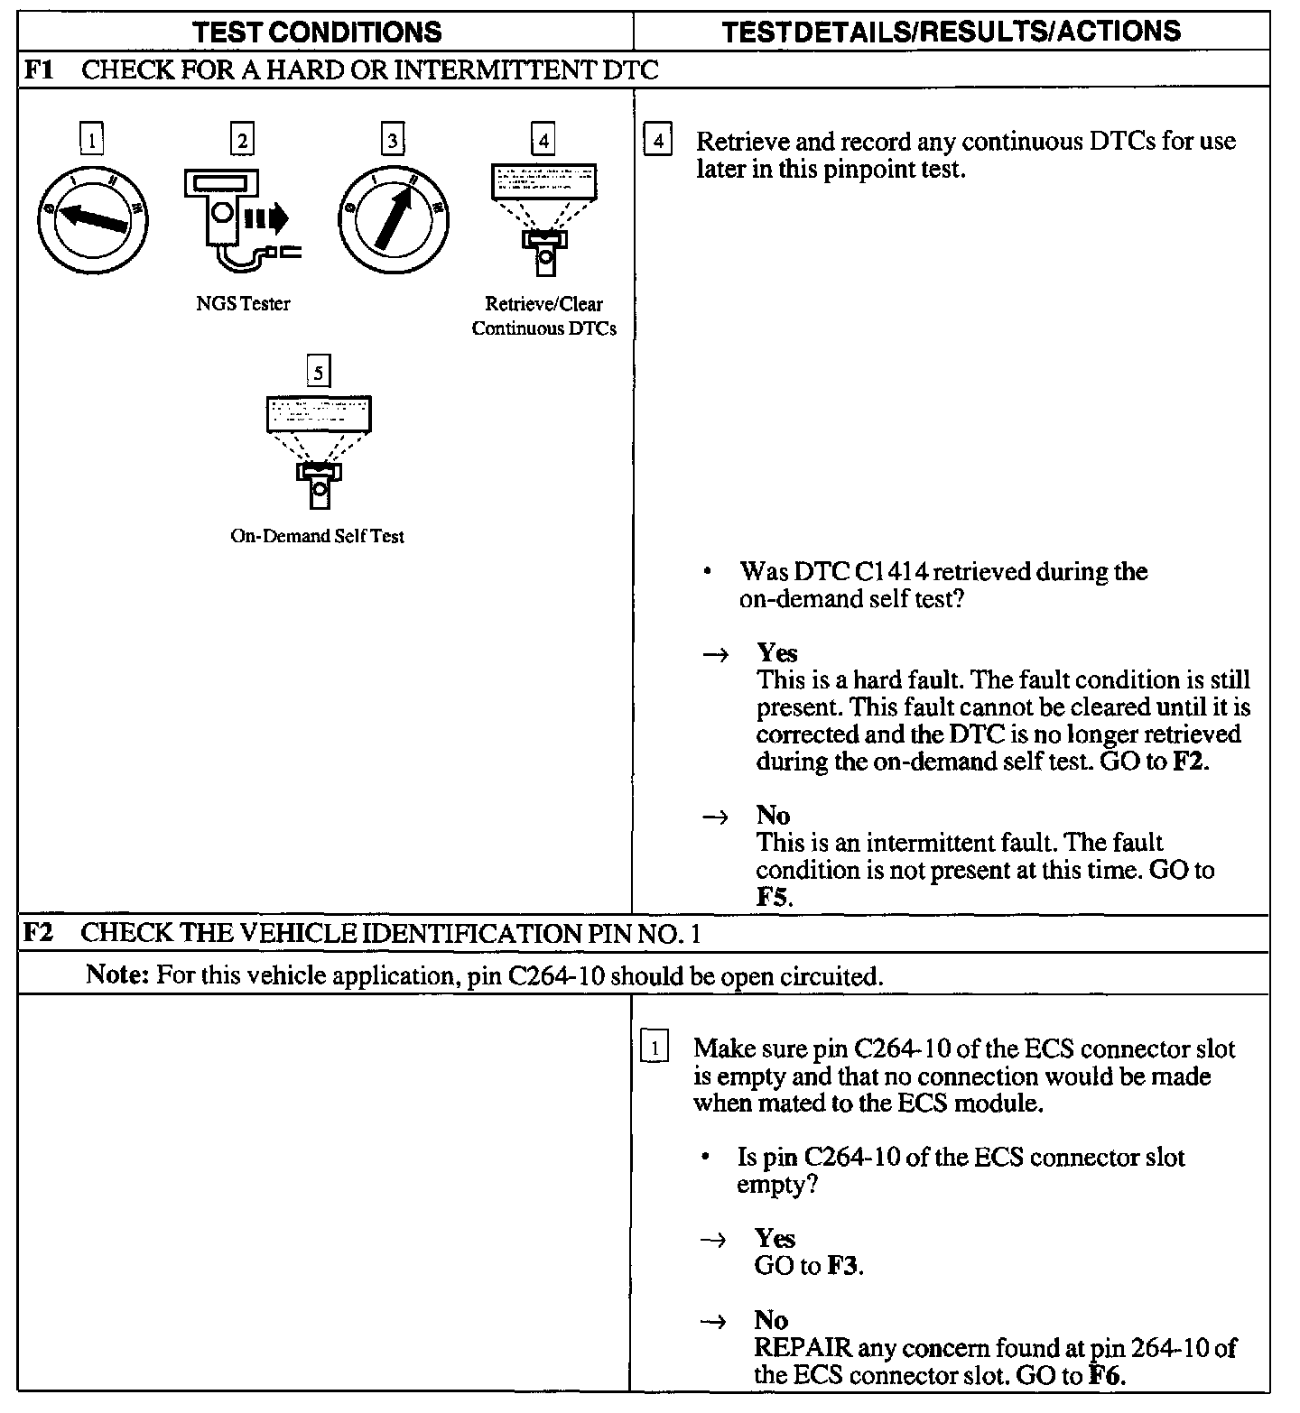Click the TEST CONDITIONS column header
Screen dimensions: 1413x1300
click(x=318, y=32)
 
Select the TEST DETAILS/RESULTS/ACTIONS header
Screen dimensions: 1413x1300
click(x=952, y=32)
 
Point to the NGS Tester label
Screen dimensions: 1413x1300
click(x=243, y=304)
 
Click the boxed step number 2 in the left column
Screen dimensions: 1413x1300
click(x=242, y=140)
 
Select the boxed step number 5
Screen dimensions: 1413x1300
click(x=319, y=371)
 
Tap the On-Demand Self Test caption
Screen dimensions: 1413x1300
click(x=318, y=536)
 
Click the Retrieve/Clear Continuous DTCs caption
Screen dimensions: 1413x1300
click(x=543, y=316)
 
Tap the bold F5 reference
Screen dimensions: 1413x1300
click(x=774, y=897)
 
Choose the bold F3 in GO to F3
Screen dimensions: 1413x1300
click(x=842, y=1266)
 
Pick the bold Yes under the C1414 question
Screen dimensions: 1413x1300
click(x=776, y=652)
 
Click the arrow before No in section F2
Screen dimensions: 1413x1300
click(x=713, y=1321)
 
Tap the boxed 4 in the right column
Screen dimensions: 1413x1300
click(x=658, y=142)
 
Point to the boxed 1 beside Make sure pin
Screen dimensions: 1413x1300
click(x=655, y=1048)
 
